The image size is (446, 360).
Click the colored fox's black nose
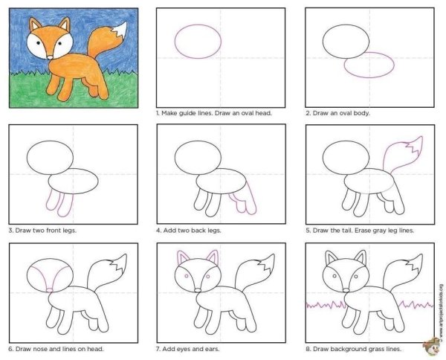click(48, 56)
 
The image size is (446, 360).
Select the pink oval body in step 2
click(369, 65)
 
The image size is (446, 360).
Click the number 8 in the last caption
click(307, 347)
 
